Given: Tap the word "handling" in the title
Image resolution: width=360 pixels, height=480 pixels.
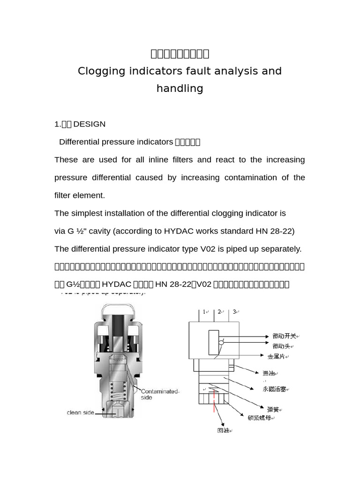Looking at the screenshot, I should pyautogui.click(x=180, y=89).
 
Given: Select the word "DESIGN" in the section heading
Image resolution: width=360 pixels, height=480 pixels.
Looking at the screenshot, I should pyautogui.click(x=90, y=124).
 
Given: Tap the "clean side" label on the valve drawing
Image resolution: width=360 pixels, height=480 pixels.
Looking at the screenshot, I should pyautogui.click(x=81, y=413).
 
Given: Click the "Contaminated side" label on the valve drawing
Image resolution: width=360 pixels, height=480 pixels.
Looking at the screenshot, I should pyautogui.click(x=159, y=394).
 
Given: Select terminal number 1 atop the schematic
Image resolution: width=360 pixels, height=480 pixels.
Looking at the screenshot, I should pyautogui.click(x=204, y=312).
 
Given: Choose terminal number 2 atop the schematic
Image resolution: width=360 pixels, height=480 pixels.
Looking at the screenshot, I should pyautogui.click(x=219, y=312).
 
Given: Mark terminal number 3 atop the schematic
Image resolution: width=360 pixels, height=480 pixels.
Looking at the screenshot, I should pyautogui.click(x=234, y=312).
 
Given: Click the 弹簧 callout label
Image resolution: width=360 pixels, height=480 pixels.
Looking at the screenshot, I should pyautogui.click(x=273, y=410).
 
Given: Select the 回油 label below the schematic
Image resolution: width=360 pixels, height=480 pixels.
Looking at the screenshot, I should pyautogui.click(x=223, y=430).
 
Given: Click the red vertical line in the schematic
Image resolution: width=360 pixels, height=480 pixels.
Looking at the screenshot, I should pyautogui.click(x=214, y=400).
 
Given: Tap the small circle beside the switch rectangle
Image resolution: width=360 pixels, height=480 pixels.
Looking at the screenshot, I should pyautogui.click(x=221, y=343).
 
